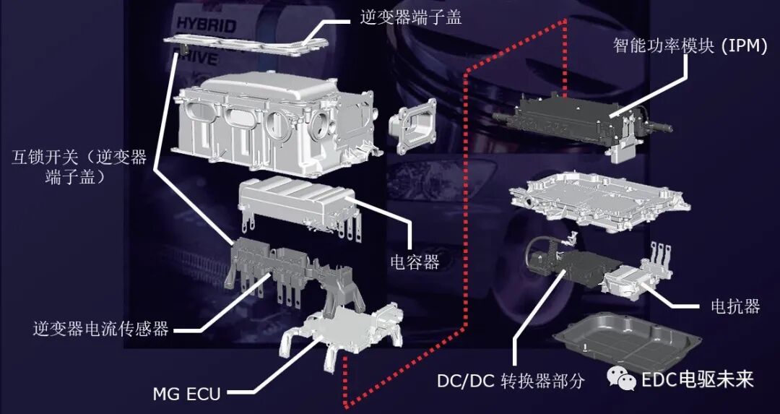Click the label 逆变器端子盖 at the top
(x=410, y=17)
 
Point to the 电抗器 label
(x=732, y=306)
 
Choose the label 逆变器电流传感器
(x=100, y=329)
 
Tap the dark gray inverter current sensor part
(x=289, y=267)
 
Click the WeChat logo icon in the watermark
(x=622, y=379)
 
